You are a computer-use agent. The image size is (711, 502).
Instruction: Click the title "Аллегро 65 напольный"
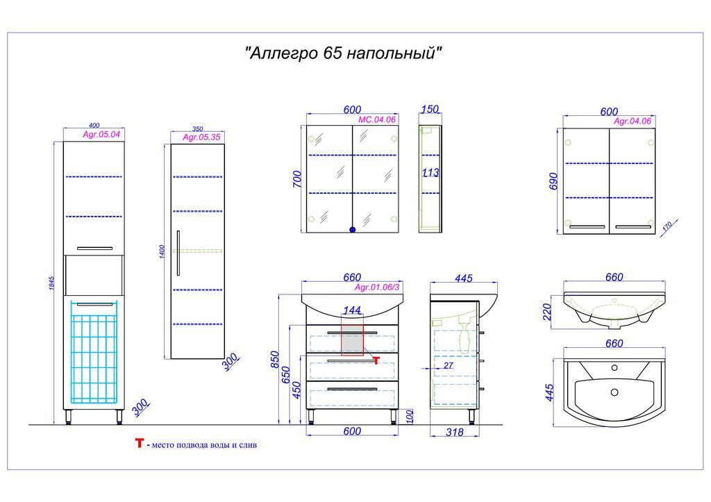point(343,53)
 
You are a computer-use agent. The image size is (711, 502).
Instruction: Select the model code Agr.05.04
point(101,134)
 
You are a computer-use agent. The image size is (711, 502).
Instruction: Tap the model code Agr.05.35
point(201,137)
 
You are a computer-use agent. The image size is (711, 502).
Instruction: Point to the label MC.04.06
point(377,119)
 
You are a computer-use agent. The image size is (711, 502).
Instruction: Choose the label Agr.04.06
point(632,121)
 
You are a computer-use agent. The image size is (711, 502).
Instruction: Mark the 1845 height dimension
point(51,283)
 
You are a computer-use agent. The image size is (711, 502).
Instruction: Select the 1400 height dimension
point(162,252)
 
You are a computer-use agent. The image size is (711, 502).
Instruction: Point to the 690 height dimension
point(553,181)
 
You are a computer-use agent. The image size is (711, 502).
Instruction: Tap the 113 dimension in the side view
point(430,172)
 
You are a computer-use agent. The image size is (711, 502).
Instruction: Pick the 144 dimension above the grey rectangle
point(352,310)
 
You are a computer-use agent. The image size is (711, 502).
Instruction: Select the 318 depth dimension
point(454,432)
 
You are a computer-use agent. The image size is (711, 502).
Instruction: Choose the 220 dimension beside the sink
point(547,312)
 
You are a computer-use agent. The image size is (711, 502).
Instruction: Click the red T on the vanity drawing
point(376,360)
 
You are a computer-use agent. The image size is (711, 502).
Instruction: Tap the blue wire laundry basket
point(94,352)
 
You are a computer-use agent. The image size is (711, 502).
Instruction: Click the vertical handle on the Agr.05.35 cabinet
point(178,253)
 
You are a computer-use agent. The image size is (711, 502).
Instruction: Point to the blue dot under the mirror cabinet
point(352,230)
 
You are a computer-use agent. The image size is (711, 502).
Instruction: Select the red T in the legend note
point(139,443)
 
